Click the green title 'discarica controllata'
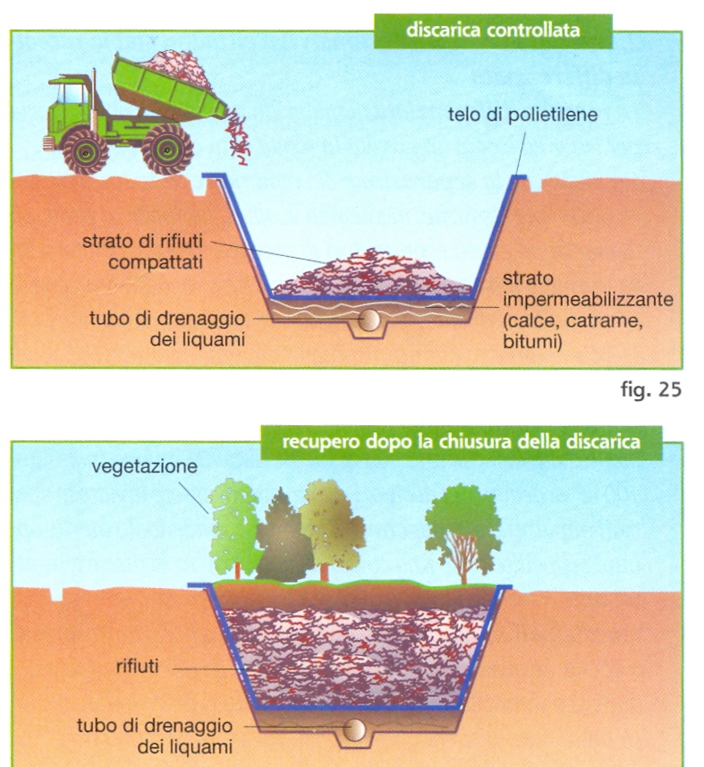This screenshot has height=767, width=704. tap(492, 30)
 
